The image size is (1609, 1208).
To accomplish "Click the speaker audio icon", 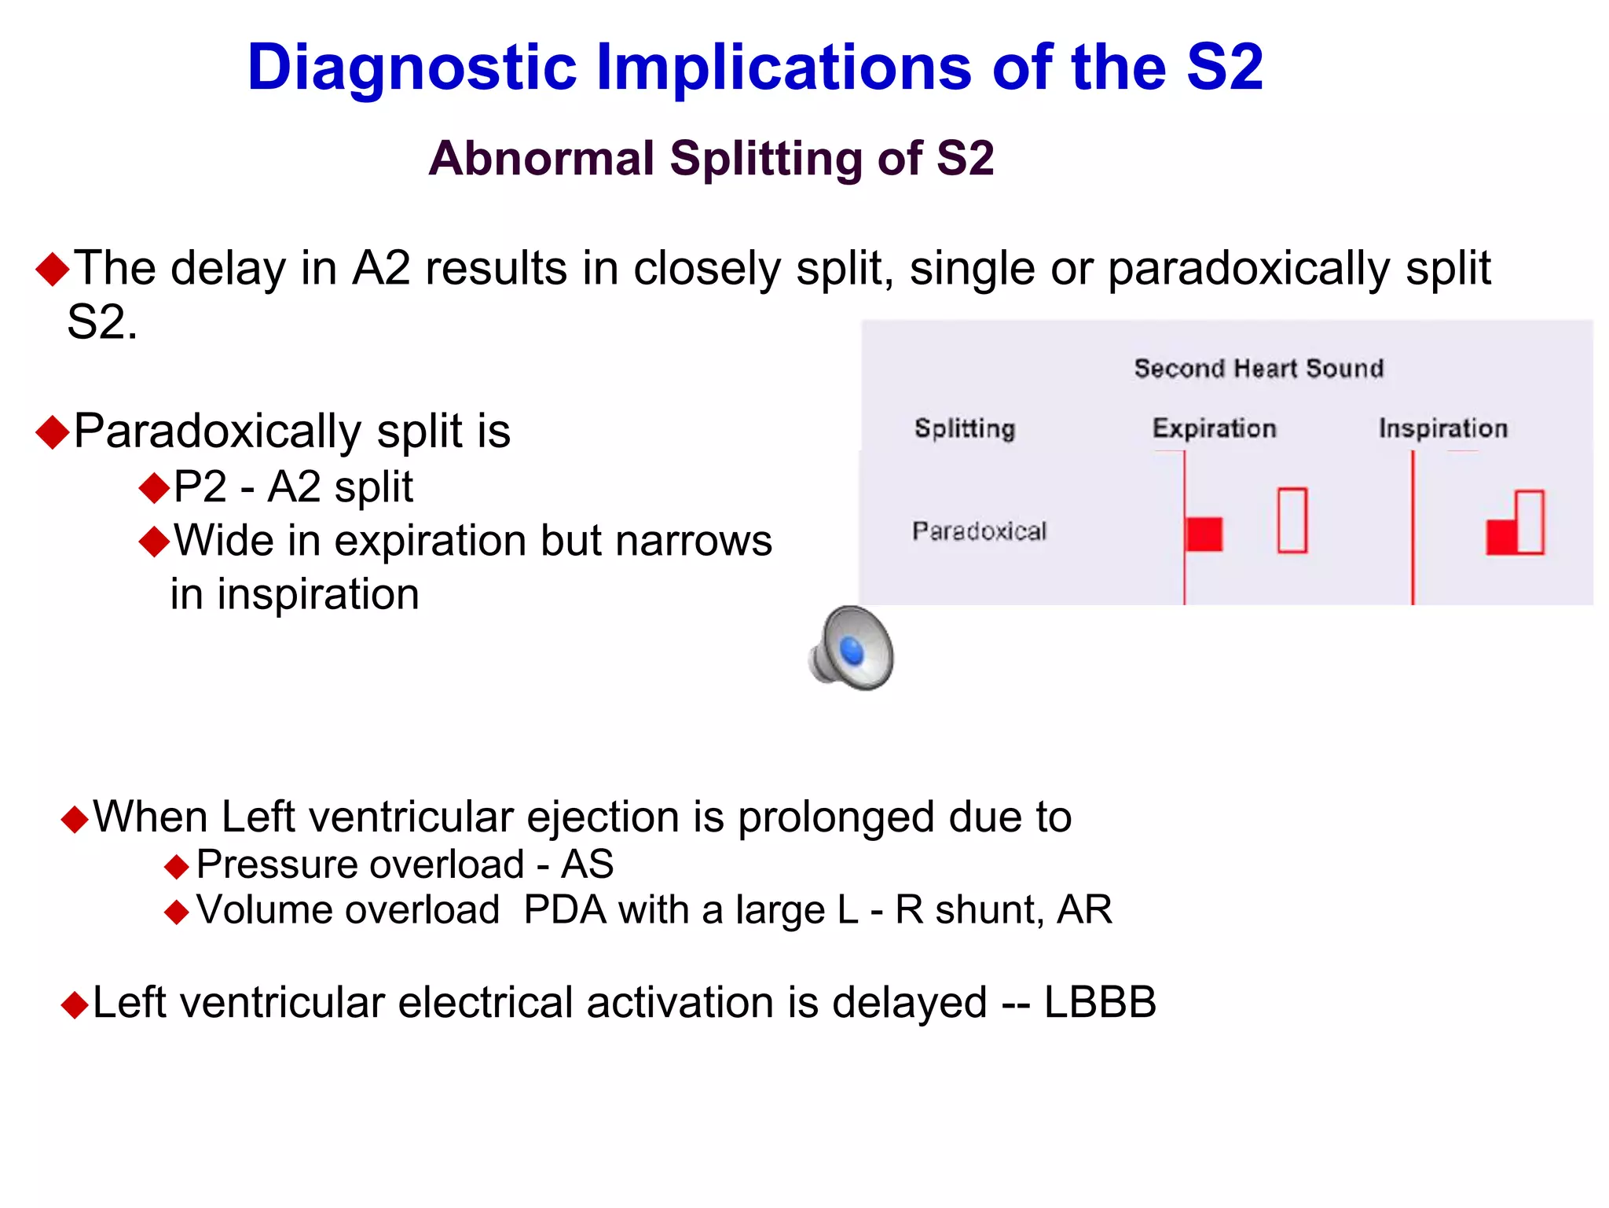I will tap(852, 648).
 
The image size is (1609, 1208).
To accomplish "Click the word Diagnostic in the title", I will tap(412, 68).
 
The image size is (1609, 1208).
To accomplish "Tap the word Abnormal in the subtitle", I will tap(541, 158).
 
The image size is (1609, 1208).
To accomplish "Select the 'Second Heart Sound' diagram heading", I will tap(1258, 369).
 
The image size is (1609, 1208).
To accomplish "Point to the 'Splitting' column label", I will tap(964, 428).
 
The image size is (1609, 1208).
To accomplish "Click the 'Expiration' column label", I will tap(1214, 428).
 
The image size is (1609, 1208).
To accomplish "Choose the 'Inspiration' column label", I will tap(1442, 428).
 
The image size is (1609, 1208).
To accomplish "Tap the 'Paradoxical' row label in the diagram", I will tap(979, 531).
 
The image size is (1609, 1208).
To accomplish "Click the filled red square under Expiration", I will tap(1204, 534).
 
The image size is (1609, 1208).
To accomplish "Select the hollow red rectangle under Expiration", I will tap(1292, 520).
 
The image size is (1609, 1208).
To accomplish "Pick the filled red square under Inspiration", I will tap(1501, 538).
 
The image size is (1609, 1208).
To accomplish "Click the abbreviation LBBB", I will tap(1099, 1003).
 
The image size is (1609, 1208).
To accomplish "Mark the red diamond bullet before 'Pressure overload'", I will tap(177, 868).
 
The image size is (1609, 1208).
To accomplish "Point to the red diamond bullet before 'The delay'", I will tap(53, 270).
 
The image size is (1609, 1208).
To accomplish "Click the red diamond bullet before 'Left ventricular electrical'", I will tap(75, 1005).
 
